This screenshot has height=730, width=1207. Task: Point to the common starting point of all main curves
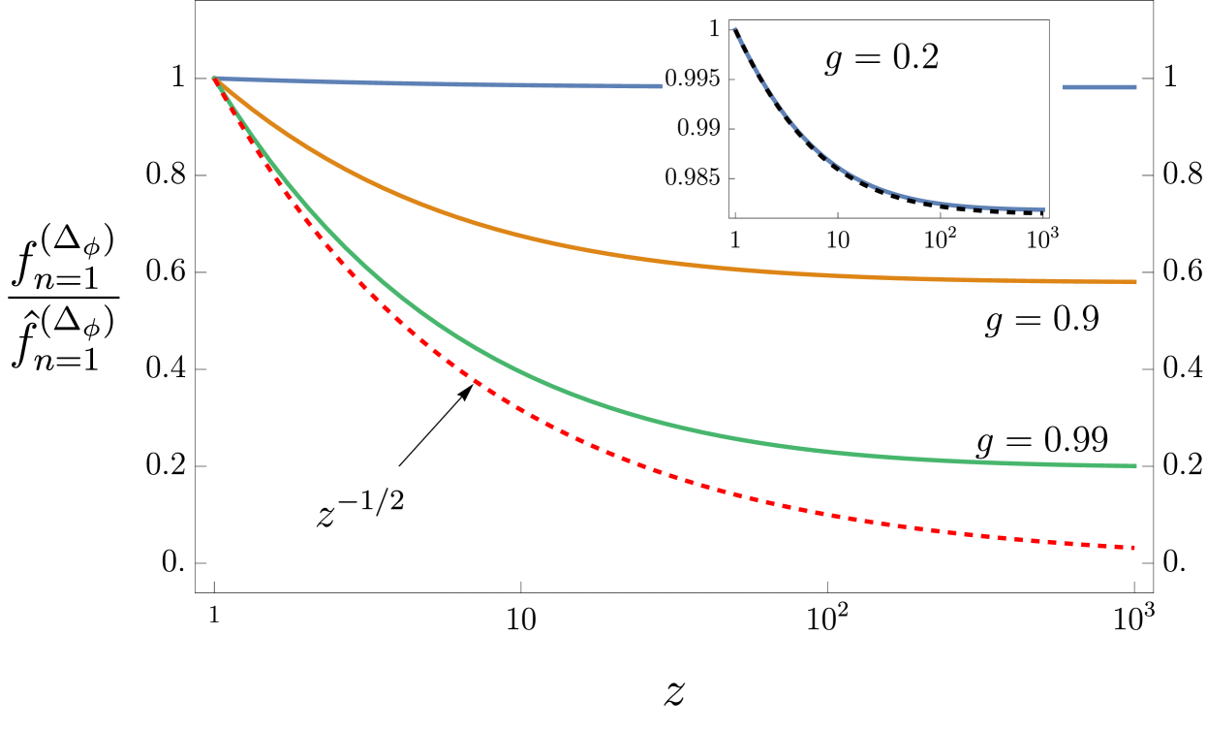215,78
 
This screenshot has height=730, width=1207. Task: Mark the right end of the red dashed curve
1133,548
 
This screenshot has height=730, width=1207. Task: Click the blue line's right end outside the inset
1135,87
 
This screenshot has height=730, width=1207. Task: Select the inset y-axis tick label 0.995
696,79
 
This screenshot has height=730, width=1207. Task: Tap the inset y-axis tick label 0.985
696,178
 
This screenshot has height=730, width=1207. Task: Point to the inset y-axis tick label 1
714,29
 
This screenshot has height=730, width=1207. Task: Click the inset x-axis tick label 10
837,240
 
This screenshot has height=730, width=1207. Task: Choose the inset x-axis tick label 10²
939,238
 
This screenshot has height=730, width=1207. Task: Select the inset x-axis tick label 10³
1042,238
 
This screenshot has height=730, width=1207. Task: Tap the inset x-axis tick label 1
735,240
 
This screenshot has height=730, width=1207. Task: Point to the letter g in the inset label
833,62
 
